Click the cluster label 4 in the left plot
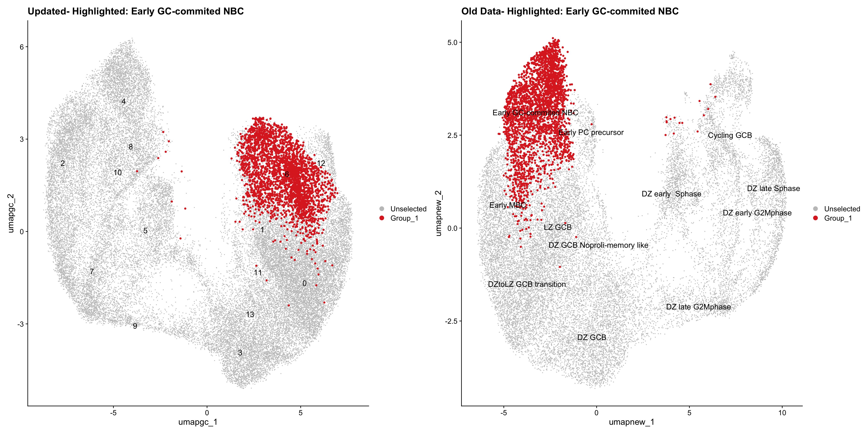[124, 101]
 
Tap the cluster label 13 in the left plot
[250, 314]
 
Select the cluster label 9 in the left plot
[135, 326]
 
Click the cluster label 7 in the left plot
[92, 271]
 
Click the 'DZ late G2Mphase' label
[698, 307]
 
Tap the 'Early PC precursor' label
[591, 132]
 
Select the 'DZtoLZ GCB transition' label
[527, 284]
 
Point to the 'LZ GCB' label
[558, 227]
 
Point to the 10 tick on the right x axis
[782, 413]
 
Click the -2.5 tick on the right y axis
[450, 321]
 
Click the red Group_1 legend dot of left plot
[382, 218]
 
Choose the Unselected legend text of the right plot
[842, 209]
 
